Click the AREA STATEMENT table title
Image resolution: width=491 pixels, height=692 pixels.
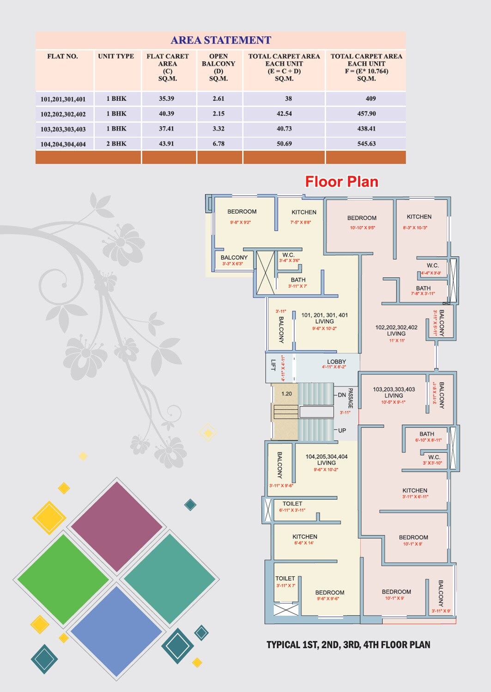point(221,40)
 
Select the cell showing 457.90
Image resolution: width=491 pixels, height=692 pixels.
point(366,113)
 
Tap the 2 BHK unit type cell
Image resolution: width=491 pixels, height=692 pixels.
point(116,143)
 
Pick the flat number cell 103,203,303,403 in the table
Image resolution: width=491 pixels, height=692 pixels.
point(63,129)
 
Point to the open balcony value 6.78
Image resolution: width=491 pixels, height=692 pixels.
point(218,143)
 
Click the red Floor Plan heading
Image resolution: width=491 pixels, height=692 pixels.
point(341,182)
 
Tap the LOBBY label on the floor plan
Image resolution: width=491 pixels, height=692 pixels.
point(336,362)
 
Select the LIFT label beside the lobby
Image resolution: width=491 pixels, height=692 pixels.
point(273,365)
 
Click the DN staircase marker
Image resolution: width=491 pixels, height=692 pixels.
point(342,395)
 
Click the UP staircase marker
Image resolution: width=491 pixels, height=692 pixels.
point(342,430)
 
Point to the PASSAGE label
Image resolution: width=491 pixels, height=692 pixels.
point(351,398)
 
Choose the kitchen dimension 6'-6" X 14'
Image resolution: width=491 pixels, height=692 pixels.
point(304,543)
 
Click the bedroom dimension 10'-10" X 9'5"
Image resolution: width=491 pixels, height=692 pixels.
point(362,227)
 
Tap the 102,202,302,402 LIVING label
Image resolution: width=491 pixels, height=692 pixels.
point(396,330)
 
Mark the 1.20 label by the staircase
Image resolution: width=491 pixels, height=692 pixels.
point(286,394)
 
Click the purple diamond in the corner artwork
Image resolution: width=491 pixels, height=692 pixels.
point(116,525)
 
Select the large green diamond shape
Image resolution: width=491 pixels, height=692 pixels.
point(63,579)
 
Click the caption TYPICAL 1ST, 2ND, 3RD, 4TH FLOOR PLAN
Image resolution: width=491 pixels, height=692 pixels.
point(348,644)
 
